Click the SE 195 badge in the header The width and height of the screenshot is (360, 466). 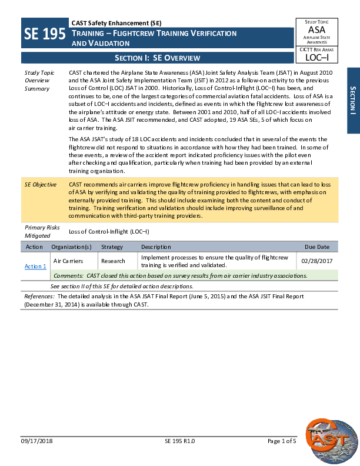coord(45,35)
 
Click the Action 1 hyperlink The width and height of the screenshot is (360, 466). coord(35,267)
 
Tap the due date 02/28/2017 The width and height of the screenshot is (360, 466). coord(316,260)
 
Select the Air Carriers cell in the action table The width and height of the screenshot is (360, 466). coord(68,260)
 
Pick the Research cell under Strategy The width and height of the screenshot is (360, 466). coord(113,260)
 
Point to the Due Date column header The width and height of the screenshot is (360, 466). coord(316,247)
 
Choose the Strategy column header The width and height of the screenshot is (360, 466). coord(112,247)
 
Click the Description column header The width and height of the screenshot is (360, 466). coord(156,247)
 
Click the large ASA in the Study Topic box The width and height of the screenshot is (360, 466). coord(316,29)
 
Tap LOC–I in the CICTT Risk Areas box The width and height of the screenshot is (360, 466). coord(316,57)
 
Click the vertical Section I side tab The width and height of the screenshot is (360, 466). coord(353,100)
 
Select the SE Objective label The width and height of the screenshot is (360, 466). coord(40,184)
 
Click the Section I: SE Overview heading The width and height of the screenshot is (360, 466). coord(157,58)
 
